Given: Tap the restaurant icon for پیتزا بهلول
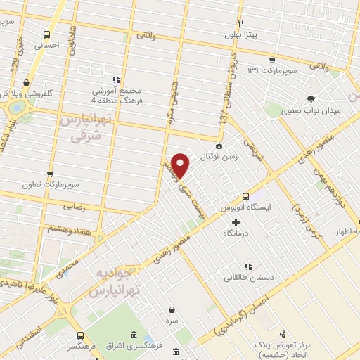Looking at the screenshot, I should [x=240, y=22].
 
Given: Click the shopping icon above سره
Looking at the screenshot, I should [x=172, y=309].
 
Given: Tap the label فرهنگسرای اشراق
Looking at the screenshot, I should [x=144, y=347].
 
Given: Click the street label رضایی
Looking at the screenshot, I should [x=75, y=208].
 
